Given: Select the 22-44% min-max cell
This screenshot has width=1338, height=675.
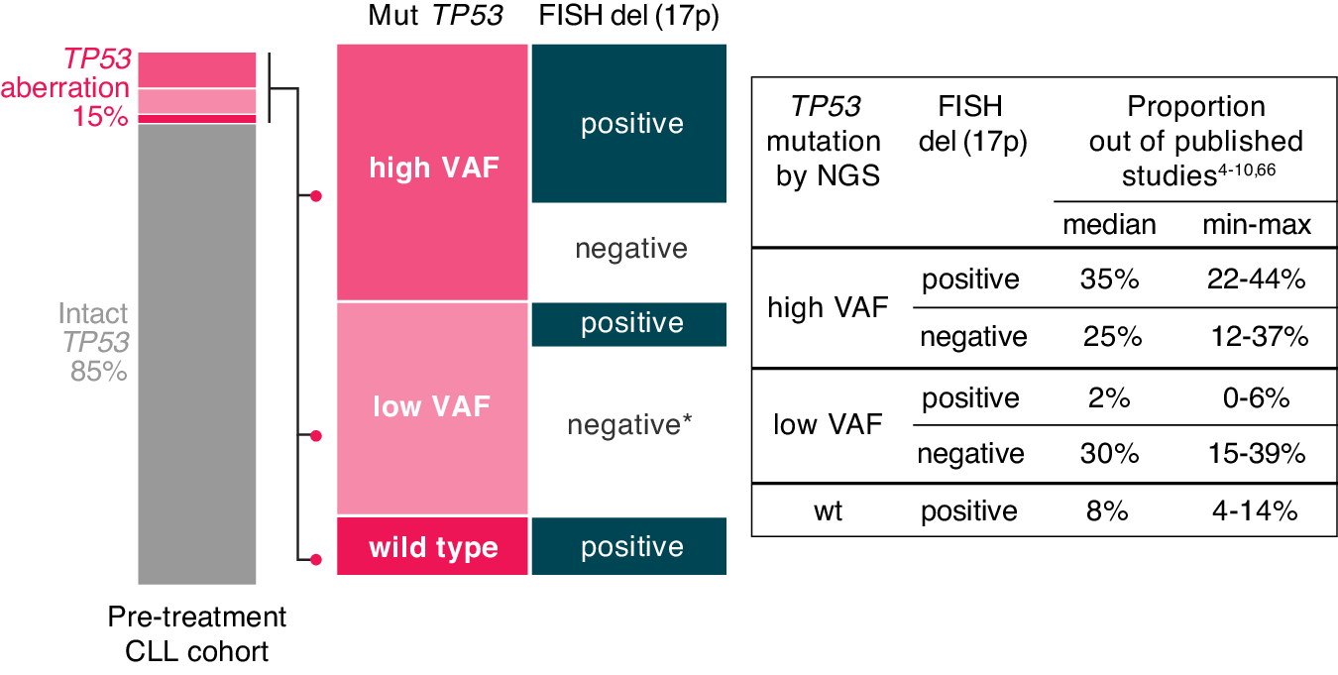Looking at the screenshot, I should [1256, 280].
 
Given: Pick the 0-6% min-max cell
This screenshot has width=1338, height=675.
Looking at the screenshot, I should [1256, 398].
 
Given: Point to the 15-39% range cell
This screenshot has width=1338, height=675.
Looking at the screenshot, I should [1256, 454].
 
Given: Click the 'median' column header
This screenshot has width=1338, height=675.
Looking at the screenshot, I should [1109, 225].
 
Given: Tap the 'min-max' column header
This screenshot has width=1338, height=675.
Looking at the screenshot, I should [1256, 225].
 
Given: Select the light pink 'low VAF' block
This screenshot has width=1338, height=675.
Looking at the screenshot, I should [433, 407].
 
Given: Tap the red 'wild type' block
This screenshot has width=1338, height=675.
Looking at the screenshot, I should [433, 547].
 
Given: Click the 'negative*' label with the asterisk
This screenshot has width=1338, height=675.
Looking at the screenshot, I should [629, 425].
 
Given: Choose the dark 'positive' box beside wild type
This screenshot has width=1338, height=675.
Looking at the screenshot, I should [630, 547].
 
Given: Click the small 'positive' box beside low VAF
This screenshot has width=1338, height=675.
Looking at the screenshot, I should [630, 324].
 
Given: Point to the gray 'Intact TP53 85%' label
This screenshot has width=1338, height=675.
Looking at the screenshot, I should [94, 343].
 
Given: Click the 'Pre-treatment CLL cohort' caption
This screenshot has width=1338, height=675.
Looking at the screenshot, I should [196, 634].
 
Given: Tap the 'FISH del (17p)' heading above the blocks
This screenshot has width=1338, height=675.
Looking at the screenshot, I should [627, 16].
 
